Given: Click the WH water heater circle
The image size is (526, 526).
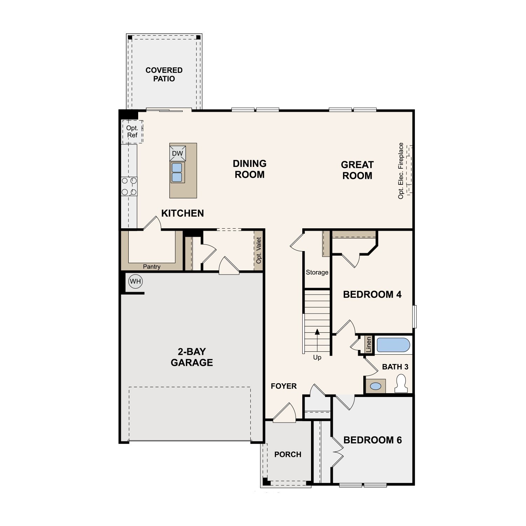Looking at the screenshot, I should (x=135, y=281).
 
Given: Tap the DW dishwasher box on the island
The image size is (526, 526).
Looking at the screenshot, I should (x=177, y=153).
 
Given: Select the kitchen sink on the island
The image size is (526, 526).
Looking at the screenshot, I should (x=177, y=173).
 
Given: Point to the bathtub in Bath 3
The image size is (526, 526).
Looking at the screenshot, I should (x=393, y=345).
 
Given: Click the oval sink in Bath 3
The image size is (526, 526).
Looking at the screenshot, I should (x=376, y=386).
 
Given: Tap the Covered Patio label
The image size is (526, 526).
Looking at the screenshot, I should (x=164, y=74).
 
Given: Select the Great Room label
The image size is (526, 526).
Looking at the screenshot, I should (x=357, y=170).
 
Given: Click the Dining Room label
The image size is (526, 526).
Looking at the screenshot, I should (x=250, y=169).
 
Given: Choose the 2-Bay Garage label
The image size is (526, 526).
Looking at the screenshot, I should (x=192, y=357).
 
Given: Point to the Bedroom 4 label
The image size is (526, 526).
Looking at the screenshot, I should (x=372, y=295).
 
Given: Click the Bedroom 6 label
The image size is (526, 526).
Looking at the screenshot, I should (x=372, y=440).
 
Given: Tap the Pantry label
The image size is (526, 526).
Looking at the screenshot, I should (x=151, y=267).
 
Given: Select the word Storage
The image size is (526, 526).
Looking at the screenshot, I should (x=317, y=272).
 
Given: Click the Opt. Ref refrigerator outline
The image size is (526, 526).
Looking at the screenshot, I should (x=132, y=131).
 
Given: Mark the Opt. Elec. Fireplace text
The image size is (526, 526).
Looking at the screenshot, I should (x=401, y=171).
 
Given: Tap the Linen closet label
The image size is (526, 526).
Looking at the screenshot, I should (x=369, y=345).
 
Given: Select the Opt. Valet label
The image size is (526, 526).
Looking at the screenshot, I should (x=259, y=250).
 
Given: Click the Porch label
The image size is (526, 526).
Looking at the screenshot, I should (x=288, y=454).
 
